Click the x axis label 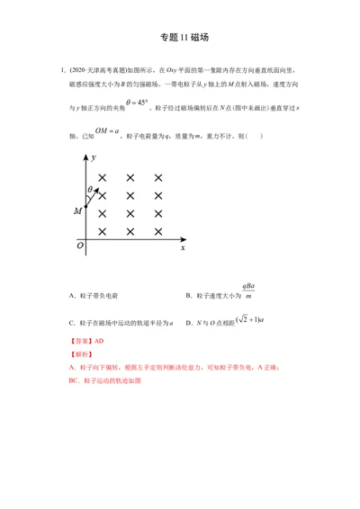point(182,246)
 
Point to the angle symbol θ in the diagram point(90,189)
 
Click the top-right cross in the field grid point(158,178)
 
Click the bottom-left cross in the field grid point(103,231)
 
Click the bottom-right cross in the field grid point(158,231)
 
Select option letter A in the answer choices point(71,295)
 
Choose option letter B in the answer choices point(188,295)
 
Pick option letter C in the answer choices point(71,322)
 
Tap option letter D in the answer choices point(188,322)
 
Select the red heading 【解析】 point(80,355)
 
